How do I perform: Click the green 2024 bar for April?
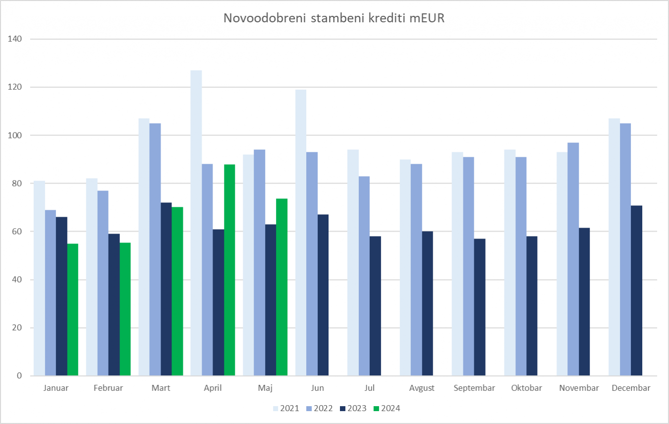click(229, 270)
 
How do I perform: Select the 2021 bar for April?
click(196, 223)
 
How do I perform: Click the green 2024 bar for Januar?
click(73, 309)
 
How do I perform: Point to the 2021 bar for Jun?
click(301, 233)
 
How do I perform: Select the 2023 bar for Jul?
click(375, 306)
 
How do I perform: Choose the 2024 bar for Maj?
click(281, 287)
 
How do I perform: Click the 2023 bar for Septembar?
click(480, 307)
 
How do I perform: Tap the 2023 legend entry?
click(353, 409)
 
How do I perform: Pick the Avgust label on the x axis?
click(422, 388)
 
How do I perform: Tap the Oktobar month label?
click(526, 388)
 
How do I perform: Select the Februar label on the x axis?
click(108, 388)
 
